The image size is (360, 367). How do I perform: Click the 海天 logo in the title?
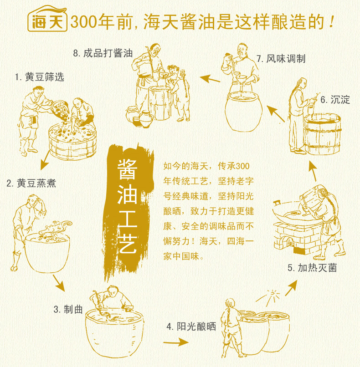[x=47, y=19]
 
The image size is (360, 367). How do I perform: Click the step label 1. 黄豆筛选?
[x=39, y=77]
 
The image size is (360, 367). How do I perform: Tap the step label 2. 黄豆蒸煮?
[x=31, y=183]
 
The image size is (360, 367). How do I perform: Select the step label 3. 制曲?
[x=68, y=309]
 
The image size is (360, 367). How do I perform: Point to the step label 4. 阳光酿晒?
[x=191, y=326]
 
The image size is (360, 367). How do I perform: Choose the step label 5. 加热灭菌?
[x=312, y=268]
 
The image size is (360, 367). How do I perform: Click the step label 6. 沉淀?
[x=335, y=100]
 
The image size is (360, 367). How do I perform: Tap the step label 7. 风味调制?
[x=281, y=59]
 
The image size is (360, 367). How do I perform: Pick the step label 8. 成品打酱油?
[x=103, y=53]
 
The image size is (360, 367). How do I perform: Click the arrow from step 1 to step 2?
[x=45, y=161]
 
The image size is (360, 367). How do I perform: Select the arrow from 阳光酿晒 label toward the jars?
[x=176, y=343]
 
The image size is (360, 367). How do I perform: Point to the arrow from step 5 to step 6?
[x=313, y=171]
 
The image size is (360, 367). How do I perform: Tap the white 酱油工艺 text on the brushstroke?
[x=127, y=206]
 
